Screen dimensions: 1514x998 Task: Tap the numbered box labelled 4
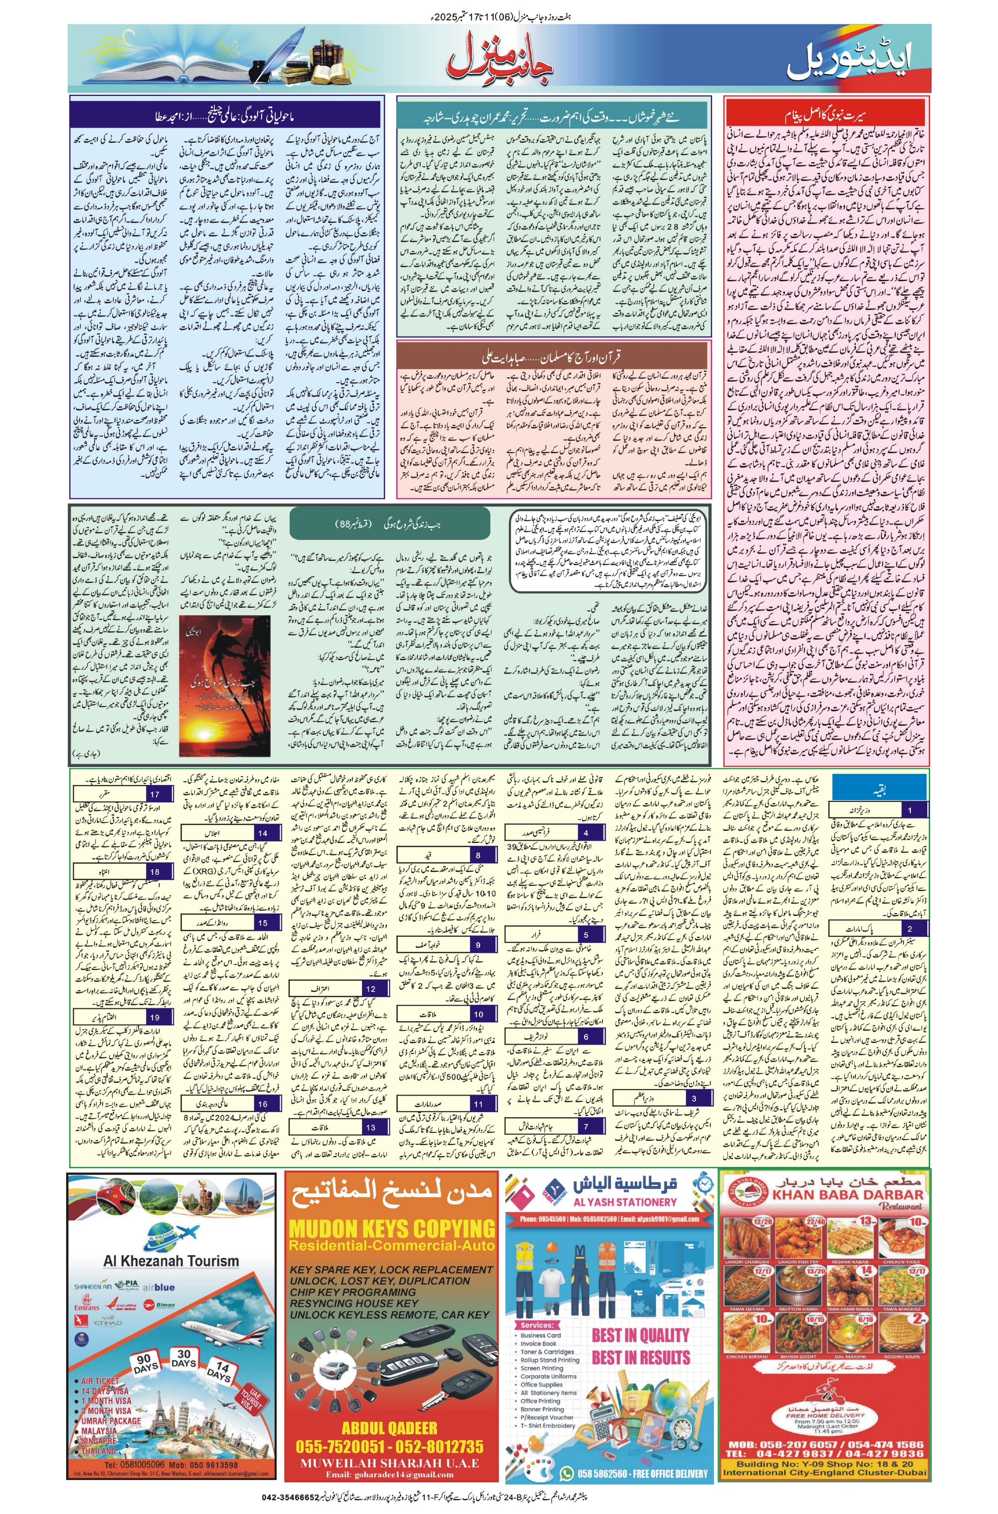click(x=585, y=833)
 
